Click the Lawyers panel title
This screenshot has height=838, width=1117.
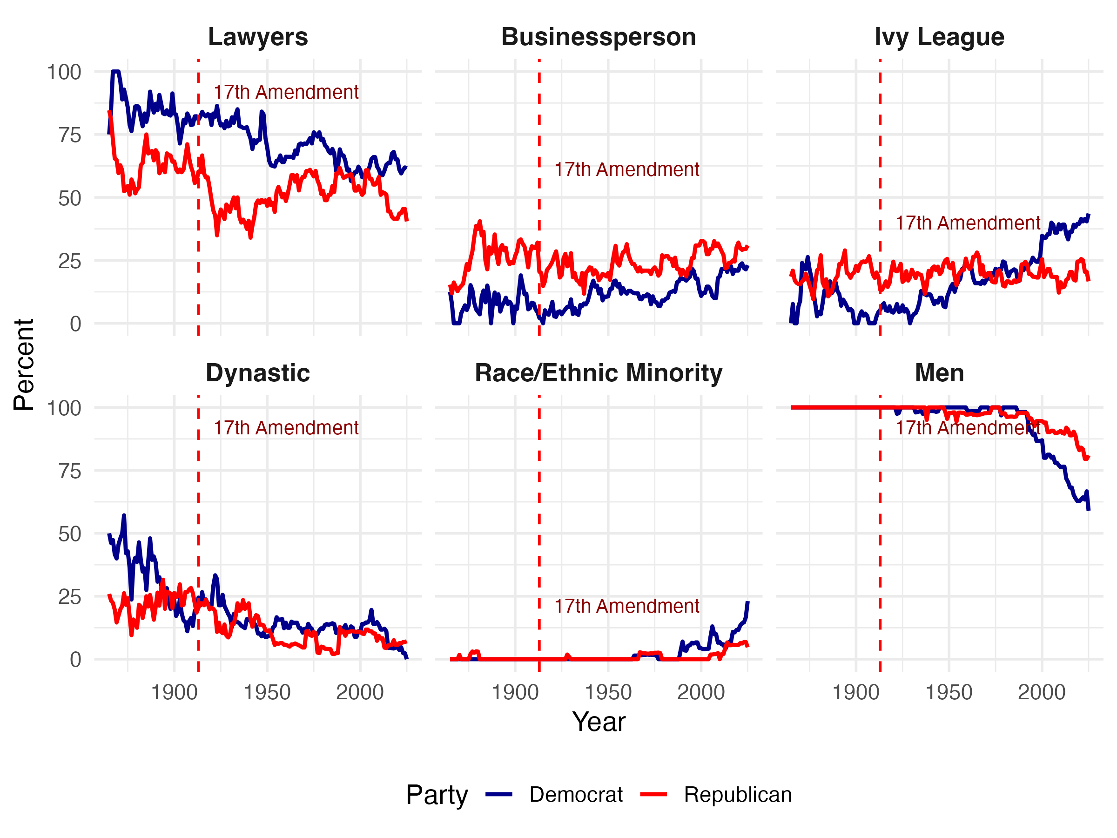[257, 37]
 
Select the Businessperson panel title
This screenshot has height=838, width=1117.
[599, 37]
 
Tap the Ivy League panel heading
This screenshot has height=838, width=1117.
[939, 37]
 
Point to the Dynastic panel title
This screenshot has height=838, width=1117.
[257, 373]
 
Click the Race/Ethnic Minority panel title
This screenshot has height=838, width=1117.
[599, 373]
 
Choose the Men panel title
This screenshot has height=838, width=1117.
[939, 373]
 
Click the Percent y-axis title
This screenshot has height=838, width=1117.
[24, 365]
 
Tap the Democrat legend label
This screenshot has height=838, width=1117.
[576, 795]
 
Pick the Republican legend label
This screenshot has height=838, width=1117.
[738, 795]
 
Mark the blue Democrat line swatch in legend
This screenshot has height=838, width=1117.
[499, 795]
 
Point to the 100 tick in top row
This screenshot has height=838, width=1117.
[64, 72]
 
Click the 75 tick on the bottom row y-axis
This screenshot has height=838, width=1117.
[69, 471]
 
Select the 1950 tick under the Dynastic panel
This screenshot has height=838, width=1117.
[267, 692]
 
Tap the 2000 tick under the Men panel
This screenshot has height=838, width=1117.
[1041, 692]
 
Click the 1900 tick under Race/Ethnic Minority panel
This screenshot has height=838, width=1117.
[515, 692]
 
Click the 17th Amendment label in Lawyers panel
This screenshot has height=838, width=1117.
[286, 93]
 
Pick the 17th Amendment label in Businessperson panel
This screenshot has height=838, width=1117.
[626, 170]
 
